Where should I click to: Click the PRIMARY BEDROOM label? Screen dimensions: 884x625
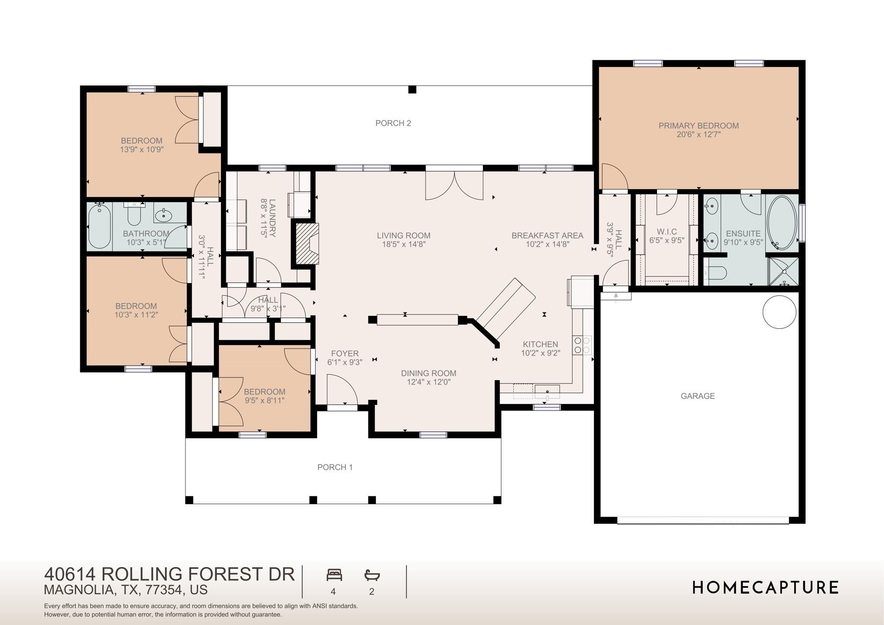click(698, 126)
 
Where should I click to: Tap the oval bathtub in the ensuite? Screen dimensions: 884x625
click(782, 223)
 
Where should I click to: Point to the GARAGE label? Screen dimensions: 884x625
click(698, 396)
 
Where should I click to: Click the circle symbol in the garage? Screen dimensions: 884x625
click(780, 312)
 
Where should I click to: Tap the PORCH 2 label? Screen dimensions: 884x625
click(393, 123)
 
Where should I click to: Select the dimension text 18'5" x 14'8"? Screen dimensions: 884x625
click(404, 244)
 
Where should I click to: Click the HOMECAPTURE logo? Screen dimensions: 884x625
click(766, 587)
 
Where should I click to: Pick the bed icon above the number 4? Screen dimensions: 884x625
click(334, 575)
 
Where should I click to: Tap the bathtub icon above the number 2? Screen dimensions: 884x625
click(372, 575)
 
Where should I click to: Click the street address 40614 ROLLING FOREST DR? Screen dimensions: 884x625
click(170, 574)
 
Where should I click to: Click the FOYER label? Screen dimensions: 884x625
click(344, 354)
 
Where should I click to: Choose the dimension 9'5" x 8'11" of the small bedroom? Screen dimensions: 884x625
click(264, 401)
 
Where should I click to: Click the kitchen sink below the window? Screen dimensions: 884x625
click(547, 392)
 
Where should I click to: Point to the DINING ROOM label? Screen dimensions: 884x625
click(429, 373)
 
